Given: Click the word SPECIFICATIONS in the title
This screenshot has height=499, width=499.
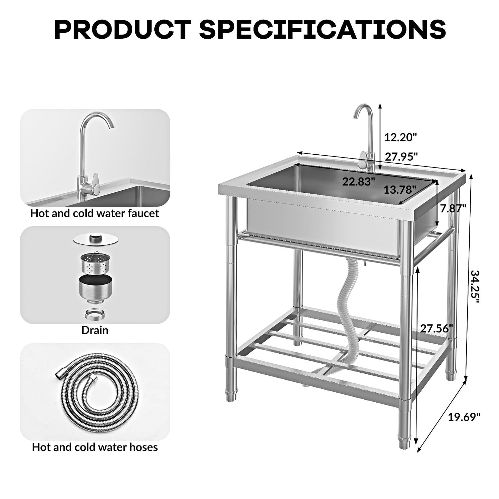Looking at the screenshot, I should click(x=323, y=29).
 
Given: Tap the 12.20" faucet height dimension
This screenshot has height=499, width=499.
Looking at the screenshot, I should click(x=401, y=137).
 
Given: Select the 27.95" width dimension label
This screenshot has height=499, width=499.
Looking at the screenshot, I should click(x=401, y=157).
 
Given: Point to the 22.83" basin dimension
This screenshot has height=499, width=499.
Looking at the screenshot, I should click(x=358, y=181).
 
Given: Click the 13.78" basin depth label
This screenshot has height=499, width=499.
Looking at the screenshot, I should click(x=399, y=190).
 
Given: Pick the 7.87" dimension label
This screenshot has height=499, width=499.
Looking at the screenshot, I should click(x=453, y=208).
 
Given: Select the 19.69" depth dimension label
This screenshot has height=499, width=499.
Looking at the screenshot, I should click(x=464, y=417).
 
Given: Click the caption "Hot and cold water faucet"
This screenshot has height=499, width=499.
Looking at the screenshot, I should click(x=95, y=213).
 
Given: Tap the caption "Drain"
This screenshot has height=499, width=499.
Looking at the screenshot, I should click(x=95, y=330).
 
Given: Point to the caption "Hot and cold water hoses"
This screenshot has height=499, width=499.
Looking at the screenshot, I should click(x=95, y=447).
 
